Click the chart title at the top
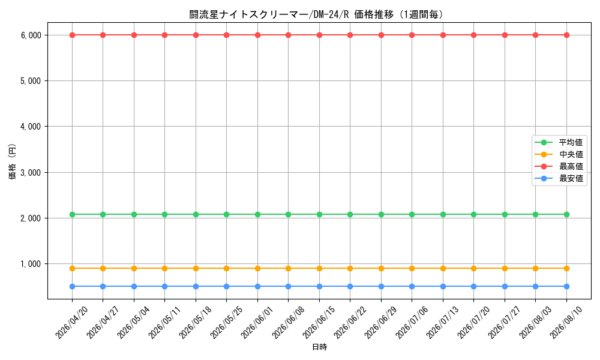(x=316, y=14)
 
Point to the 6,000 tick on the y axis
(x=31, y=35)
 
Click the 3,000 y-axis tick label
(x=31, y=173)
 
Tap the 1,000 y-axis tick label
(x=31, y=264)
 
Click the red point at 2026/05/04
(x=134, y=35)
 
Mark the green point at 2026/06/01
(x=257, y=215)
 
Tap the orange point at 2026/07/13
(x=443, y=269)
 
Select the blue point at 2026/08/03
(x=535, y=287)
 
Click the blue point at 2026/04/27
(x=103, y=287)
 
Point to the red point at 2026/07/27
(x=505, y=35)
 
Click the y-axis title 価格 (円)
(x=13, y=161)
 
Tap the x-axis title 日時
(x=320, y=347)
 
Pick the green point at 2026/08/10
(x=567, y=215)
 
